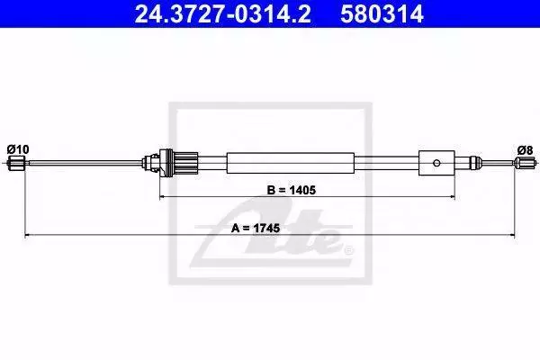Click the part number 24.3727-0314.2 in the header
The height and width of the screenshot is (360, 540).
[x=222, y=13]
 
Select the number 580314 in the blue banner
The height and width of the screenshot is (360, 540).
[x=382, y=13]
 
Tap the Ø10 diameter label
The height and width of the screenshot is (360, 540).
[x=18, y=149]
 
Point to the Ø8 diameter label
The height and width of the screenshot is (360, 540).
[x=525, y=150]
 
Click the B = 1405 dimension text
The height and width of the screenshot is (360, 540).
[x=292, y=190]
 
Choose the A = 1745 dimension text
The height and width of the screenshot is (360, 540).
[x=256, y=228]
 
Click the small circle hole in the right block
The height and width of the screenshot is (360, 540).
[x=436, y=163]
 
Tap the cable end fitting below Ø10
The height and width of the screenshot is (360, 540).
[x=16, y=163]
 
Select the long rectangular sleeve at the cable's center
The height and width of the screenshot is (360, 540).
[x=291, y=163]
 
